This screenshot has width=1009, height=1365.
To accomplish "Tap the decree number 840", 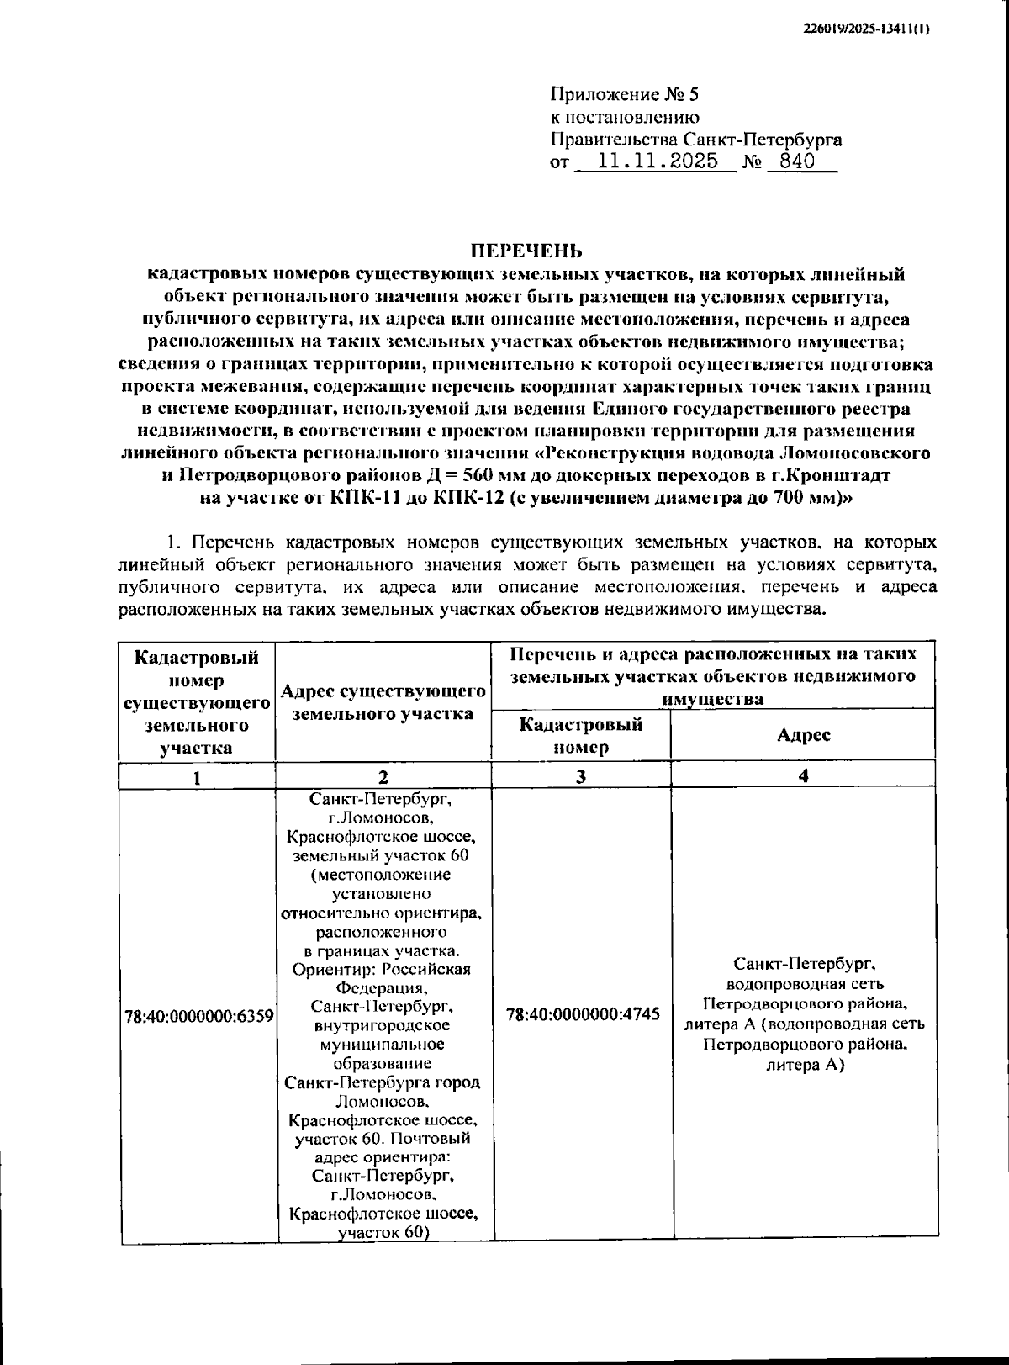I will [796, 161].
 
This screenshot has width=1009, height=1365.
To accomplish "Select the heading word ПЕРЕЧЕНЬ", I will [526, 251].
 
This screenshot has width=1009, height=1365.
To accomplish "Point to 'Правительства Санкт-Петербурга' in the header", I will [696, 140].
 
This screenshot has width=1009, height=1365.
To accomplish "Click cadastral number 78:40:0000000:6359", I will [198, 1016].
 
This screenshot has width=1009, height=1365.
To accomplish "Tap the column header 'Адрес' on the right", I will [803, 735].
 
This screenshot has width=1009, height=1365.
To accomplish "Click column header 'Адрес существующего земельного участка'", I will [383, 702].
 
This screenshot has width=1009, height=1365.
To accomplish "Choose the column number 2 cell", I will [383, 777].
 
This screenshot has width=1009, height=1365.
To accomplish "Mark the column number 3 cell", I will [581, 777].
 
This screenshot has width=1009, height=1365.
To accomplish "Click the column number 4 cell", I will [803, 775].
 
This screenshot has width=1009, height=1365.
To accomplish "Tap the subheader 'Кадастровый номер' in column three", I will [581, 735].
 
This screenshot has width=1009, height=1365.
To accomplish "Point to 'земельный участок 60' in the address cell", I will [381, 855].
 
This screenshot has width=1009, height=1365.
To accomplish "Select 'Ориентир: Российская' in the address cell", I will [381, 970].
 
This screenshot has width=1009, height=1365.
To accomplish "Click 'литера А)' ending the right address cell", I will [805, 1065].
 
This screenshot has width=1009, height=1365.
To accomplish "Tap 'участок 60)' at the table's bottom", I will [383, 1233].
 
